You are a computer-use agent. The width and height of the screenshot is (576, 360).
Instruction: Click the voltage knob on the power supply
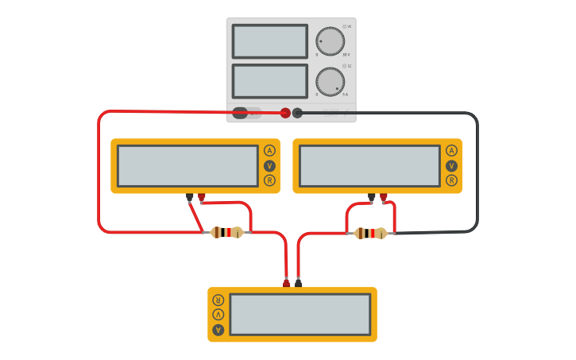(330, 41)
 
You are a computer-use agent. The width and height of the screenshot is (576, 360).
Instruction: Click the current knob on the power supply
(330, 81)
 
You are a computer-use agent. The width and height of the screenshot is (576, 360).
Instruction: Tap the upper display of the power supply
(269, 41)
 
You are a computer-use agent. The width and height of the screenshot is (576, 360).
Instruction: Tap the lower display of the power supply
(269, 81)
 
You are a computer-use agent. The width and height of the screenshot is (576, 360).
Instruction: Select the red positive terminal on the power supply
(285, 113)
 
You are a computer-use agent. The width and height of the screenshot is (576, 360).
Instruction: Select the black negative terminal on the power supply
(298, 113)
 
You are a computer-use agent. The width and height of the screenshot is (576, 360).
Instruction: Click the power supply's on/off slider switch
(246, 113)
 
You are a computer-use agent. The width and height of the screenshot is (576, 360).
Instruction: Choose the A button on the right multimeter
(451, 150)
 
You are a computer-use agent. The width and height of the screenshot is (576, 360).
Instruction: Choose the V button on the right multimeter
(451, 165)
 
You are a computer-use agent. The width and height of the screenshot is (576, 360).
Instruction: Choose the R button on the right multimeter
(451, 180)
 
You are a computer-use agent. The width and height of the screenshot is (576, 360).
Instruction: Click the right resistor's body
(370, 233)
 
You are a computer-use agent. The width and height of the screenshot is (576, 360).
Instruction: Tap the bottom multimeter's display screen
(300, 315)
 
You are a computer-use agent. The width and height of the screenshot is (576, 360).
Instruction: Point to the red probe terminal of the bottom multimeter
(287, 282)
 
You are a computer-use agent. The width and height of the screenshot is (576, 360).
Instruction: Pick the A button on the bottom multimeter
(218, 329)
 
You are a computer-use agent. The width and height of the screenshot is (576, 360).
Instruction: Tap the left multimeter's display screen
(187, 165)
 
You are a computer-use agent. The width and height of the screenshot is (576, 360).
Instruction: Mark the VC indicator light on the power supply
(344, 27)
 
